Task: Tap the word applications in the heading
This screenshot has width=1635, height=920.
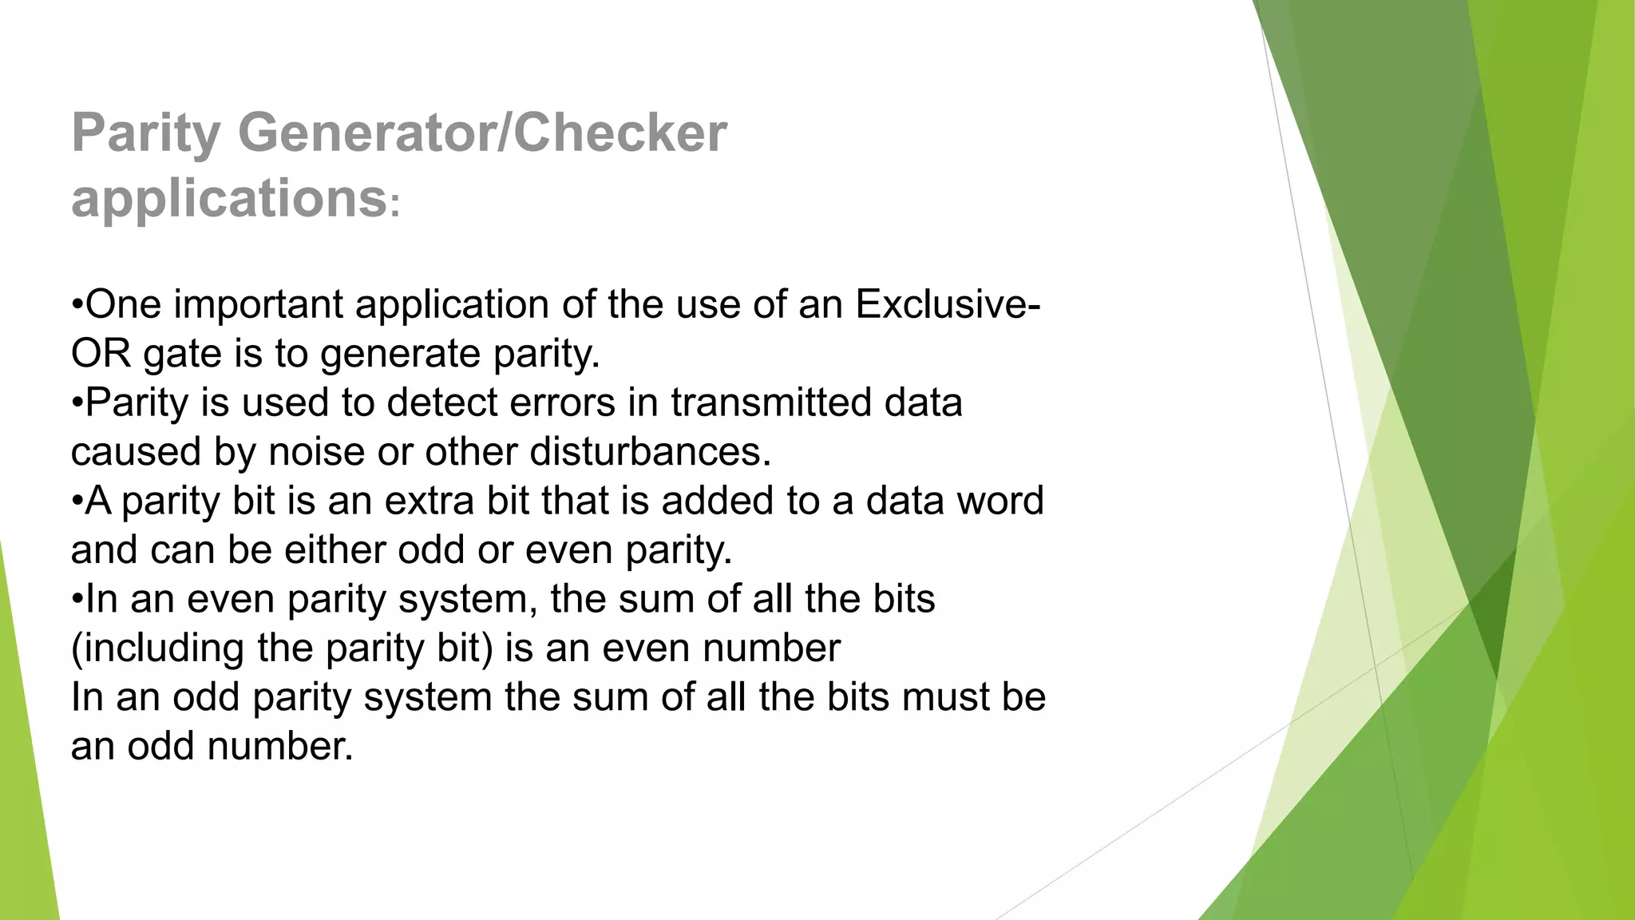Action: pos(229,198)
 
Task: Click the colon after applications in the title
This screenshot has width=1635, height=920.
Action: pos(394,206)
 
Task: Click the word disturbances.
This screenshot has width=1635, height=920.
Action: pos(650,452)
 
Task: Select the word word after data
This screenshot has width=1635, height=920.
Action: pos(1000,502)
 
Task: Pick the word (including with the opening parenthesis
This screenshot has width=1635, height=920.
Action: pos(157,648)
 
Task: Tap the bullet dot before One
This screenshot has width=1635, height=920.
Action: pos(77,305)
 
